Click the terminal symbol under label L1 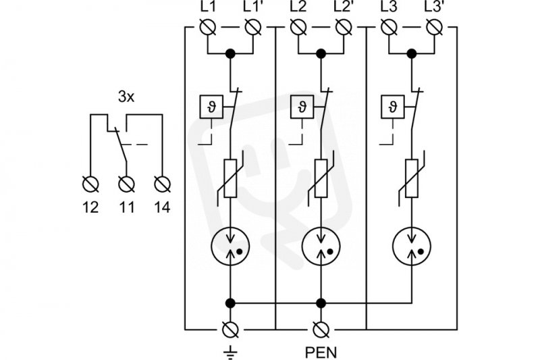[208, 27]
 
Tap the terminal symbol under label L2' [344, 27]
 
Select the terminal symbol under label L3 [389, 27]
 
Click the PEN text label [321, 353]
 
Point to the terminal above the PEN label [321, 330]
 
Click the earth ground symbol [230, 352]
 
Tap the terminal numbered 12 [90, 184]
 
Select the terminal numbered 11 [126, 184]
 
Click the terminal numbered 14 [162, 184]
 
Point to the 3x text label [126, 97]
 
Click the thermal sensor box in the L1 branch [211, 107]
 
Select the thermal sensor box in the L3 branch [393, 107]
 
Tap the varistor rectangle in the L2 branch [321, 178]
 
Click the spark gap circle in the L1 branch [230, 247]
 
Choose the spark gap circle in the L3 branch [412, 247]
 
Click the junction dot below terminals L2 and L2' [321, 53]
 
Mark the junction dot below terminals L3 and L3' [412, 53]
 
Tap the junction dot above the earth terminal [230, 303]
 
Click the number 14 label [162, 207]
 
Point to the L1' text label [252, 7]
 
